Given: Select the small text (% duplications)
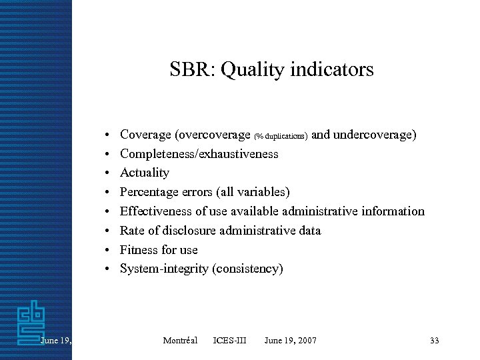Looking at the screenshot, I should (x=281, y=136).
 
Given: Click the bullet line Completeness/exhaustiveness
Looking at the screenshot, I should (x=199, y=154).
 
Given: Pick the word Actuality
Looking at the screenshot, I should (x=145, y=173).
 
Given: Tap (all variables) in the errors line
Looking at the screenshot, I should (x=253, y=193).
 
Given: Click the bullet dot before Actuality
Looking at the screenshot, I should (x=106, y=173).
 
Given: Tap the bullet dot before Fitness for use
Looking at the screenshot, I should (x=106, y=250).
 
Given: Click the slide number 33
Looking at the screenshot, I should (x=435, y=341).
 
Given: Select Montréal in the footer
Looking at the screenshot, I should (x=180, y=341).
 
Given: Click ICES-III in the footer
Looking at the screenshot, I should (x=229, y=341).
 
